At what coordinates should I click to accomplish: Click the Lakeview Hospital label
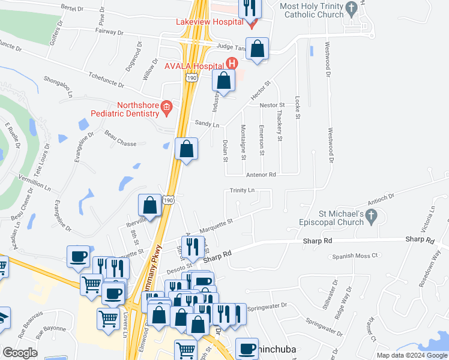coord(209,22)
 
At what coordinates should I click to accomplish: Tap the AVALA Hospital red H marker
coord(232,63)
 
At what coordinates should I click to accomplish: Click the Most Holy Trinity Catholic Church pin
coord(353,8)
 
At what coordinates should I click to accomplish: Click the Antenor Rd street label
coord(261,175)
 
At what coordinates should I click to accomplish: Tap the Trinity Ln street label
coord(243,190)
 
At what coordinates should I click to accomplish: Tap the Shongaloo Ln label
coord(58,86)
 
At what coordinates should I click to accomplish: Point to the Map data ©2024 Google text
coord(412,355)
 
